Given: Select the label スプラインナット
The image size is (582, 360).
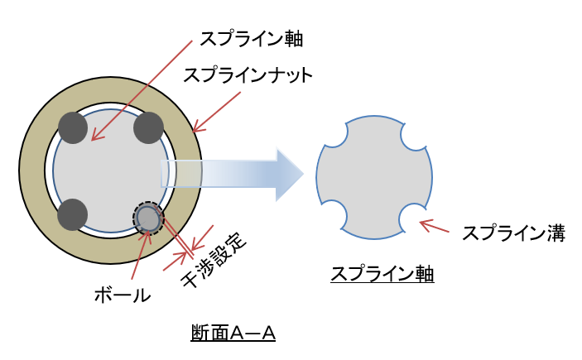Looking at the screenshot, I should pos(248,75).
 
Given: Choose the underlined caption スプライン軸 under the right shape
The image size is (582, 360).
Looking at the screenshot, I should pos(382,274).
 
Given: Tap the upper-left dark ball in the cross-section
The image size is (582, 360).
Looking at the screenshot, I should pos(72,127).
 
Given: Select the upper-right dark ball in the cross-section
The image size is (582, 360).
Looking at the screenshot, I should pos(149,127).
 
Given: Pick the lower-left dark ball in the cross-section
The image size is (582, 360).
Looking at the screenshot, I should pos(72,214).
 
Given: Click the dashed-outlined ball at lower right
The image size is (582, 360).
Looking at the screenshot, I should pos(148,218).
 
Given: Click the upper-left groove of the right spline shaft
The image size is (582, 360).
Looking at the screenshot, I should pos(334,134).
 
